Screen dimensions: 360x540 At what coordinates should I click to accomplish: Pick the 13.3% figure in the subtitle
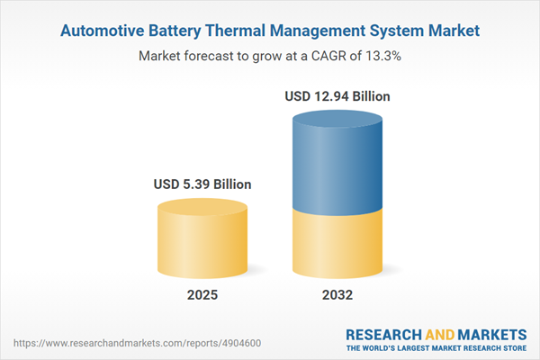(x=381, y=56)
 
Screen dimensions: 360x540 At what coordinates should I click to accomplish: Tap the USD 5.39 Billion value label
(x=202, y=184)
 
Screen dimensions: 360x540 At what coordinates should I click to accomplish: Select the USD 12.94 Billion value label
(x=338, y=94)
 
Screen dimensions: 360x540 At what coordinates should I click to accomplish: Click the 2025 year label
(x=202, y=295)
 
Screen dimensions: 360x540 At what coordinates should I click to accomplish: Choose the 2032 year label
(x=337, y=295)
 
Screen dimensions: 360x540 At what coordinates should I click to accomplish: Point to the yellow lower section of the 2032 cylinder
(x=337, y=243)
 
